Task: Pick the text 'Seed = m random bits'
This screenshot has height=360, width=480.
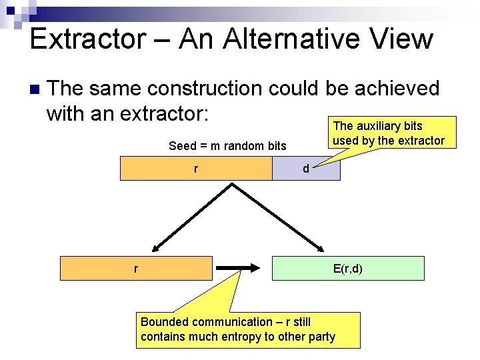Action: tap(227, 146)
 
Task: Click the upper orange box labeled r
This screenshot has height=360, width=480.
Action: tap(195, 168)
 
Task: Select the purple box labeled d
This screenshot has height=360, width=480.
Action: tap(306, 169)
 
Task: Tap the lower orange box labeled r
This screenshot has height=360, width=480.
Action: tap(136, 268)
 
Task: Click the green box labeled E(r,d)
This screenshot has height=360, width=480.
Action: tap(347, 268)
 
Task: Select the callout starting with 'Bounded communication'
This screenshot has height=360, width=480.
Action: tap(247, 329)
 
